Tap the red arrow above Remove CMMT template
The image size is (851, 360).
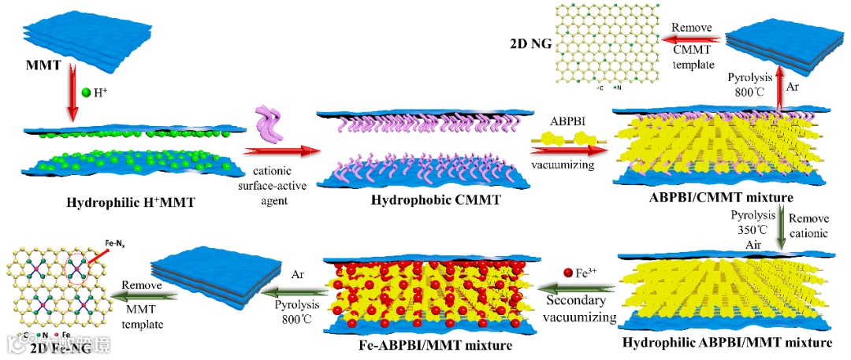691,38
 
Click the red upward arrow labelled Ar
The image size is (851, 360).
781,87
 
